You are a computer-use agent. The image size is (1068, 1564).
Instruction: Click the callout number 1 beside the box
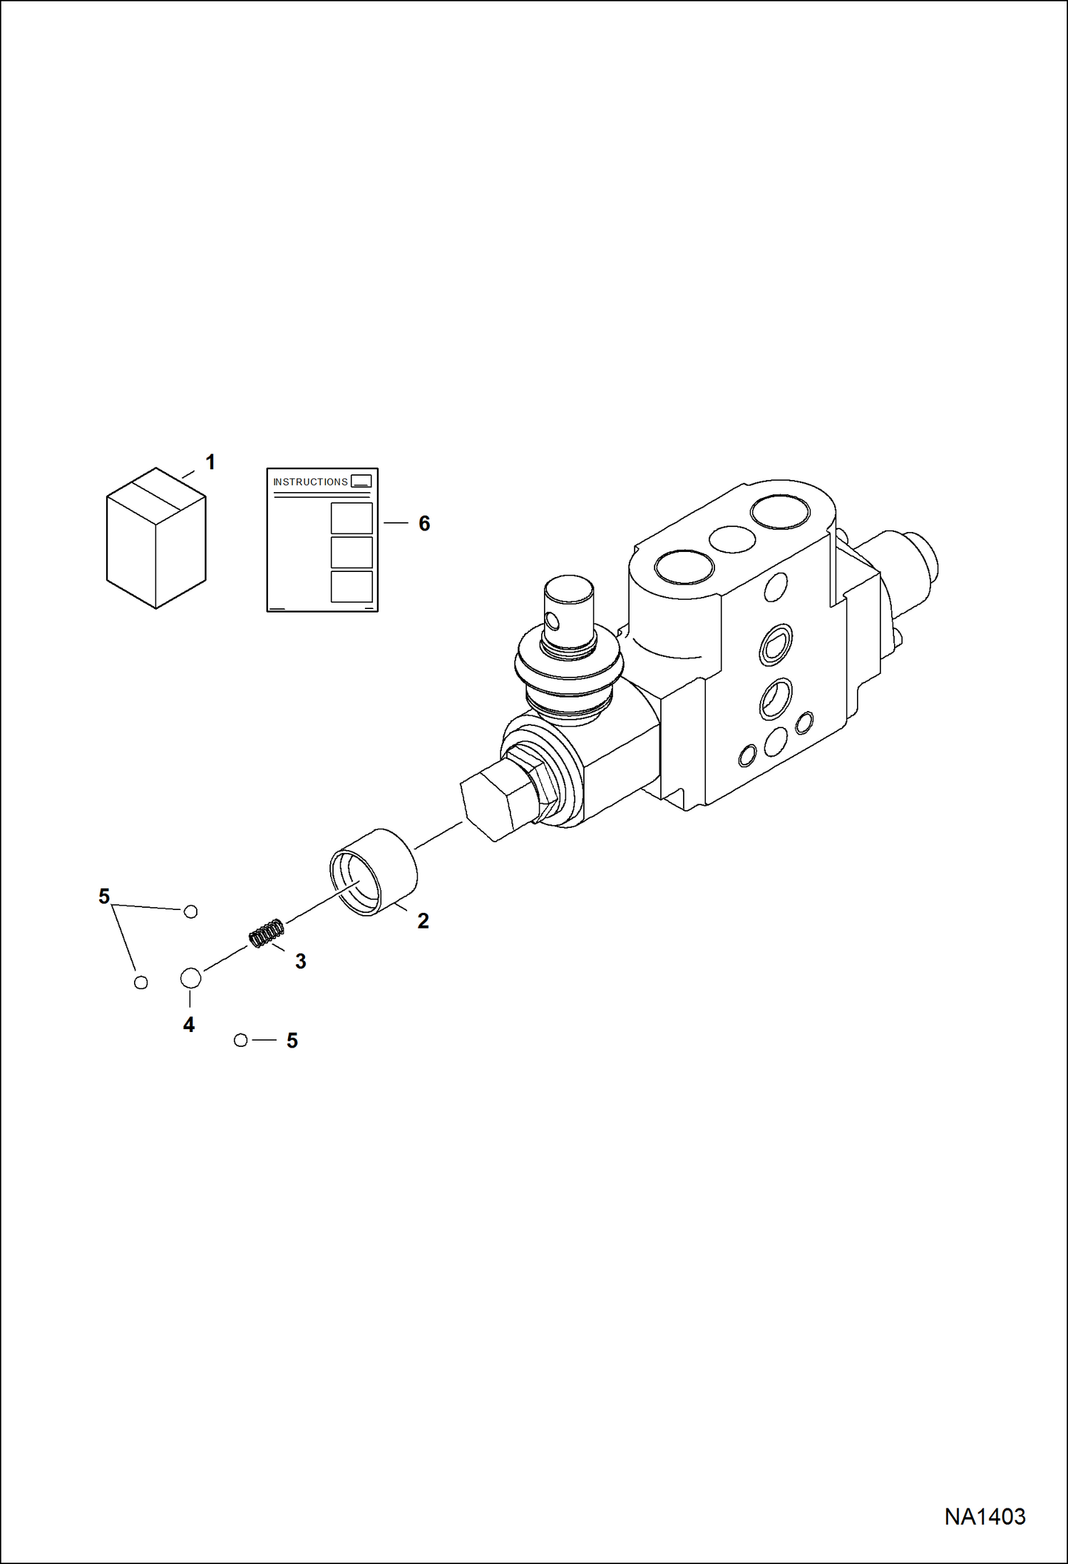point(210,462)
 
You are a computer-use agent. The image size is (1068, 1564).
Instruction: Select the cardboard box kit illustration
point(156,538)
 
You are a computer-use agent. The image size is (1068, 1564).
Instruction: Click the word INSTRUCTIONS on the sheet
point(310,482)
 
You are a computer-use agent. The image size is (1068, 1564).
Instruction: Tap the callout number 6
point(424,524)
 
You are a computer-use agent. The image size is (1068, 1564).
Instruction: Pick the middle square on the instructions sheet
point(351,552)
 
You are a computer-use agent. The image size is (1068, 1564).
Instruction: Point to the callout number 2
point(423,921)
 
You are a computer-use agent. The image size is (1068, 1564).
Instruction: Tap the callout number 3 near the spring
point(301,961)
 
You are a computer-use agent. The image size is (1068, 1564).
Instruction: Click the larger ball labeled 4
point(190,978)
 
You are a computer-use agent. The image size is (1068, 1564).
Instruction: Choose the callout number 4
point(189,1025)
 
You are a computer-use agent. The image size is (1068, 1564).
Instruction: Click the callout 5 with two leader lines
point(104,896)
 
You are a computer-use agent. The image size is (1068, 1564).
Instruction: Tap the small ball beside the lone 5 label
point(241,1041)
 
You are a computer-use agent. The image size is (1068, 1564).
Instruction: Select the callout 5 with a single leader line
point(292,1041)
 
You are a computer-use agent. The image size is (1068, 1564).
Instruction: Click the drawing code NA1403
point(985,1516)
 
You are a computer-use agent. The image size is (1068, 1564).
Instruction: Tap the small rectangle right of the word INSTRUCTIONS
point(361,481)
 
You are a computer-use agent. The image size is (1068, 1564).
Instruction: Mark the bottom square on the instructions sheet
point(351,586)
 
